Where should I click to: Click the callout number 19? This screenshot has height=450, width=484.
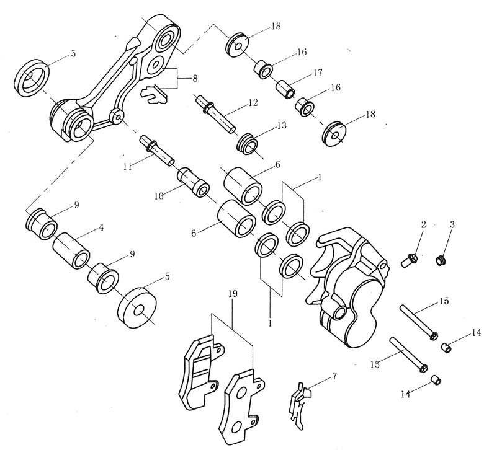(x=232, y=294)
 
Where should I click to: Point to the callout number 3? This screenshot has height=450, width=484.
(x=452, y=224)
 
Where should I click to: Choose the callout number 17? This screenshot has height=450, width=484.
(x=318, y=73)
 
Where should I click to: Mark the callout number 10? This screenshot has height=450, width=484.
(x=159, y=195)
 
